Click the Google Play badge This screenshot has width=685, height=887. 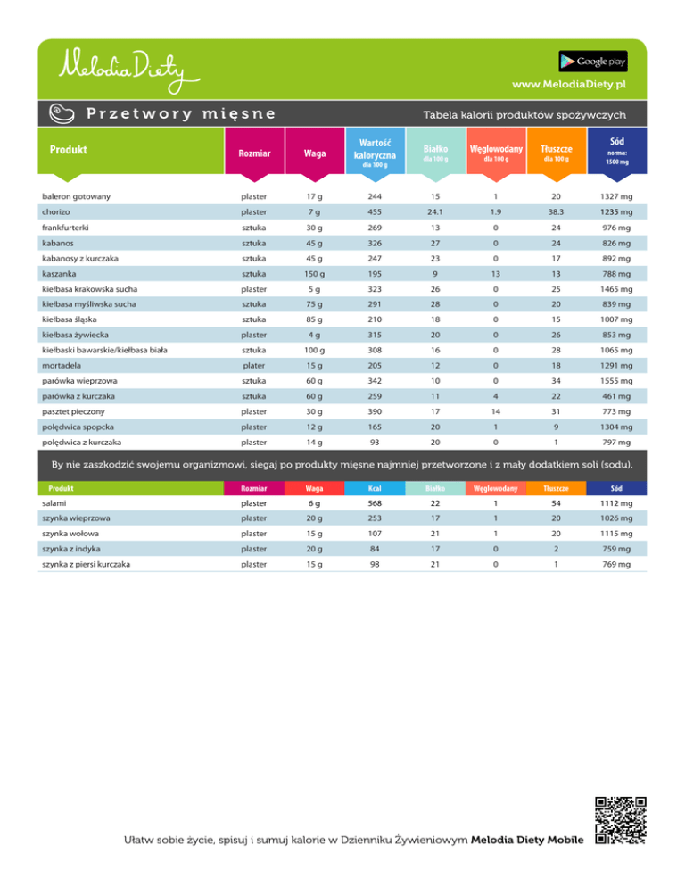pos(593,61)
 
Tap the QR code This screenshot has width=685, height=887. pos(620,818)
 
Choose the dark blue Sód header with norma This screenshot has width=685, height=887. pos(617,152)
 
